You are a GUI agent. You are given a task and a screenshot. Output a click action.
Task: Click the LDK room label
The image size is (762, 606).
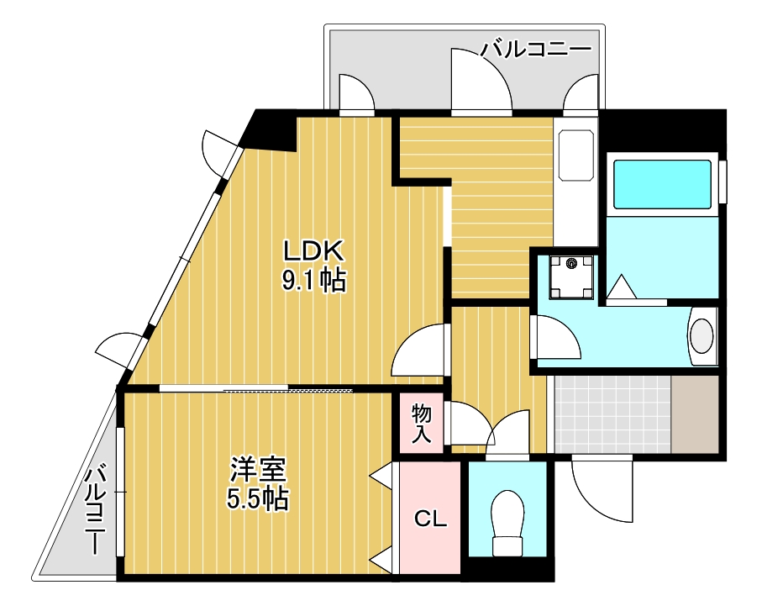pyautogui.click(x=313, y=251)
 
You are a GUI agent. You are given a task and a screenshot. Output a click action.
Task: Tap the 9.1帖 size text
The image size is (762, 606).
pyautogui.click(x=313, y=281)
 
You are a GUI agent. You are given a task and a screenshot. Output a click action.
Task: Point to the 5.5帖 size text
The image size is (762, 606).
pyautogui.click(x=258, y=499)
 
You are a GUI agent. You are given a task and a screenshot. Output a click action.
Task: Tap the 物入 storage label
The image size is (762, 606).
pyautogui.click(x=422, y=424)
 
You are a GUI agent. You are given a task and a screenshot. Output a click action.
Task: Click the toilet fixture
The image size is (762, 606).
pyautogui.click(x=507, y=522)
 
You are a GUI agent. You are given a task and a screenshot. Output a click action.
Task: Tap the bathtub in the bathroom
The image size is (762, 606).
pyautogui.click(x=663, y=183)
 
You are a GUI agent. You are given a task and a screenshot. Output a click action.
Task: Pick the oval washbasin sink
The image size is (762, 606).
pyautogui.click(x=702, y=335)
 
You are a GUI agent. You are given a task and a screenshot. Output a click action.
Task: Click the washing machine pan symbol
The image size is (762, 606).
pyautogui.click(x=572, y=277)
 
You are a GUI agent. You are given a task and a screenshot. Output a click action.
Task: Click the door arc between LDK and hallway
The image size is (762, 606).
pyautogui.click(x=420, y=351)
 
